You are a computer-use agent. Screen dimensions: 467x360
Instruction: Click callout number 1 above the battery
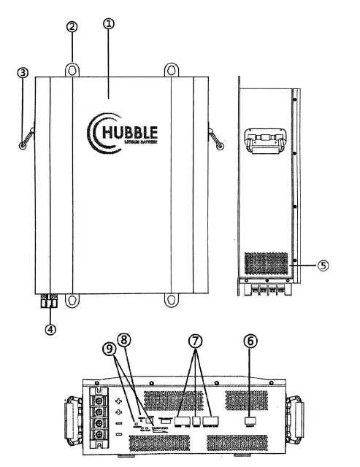(x=109, y=24)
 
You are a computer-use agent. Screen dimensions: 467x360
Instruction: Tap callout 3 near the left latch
(x=23, y=73)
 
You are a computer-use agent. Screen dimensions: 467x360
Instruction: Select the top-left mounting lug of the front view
(x=72, y=70)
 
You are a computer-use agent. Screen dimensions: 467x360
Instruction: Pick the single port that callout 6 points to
(x=249, y=421)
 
